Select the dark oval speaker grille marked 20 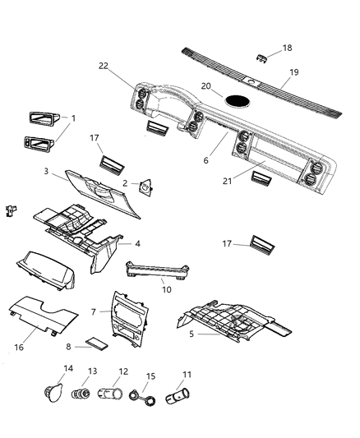[238, 102]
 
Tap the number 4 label [137, 243]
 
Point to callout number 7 [95, 311]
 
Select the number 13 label [92, 371]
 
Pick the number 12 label [123, 371]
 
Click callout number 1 [73, 118]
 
